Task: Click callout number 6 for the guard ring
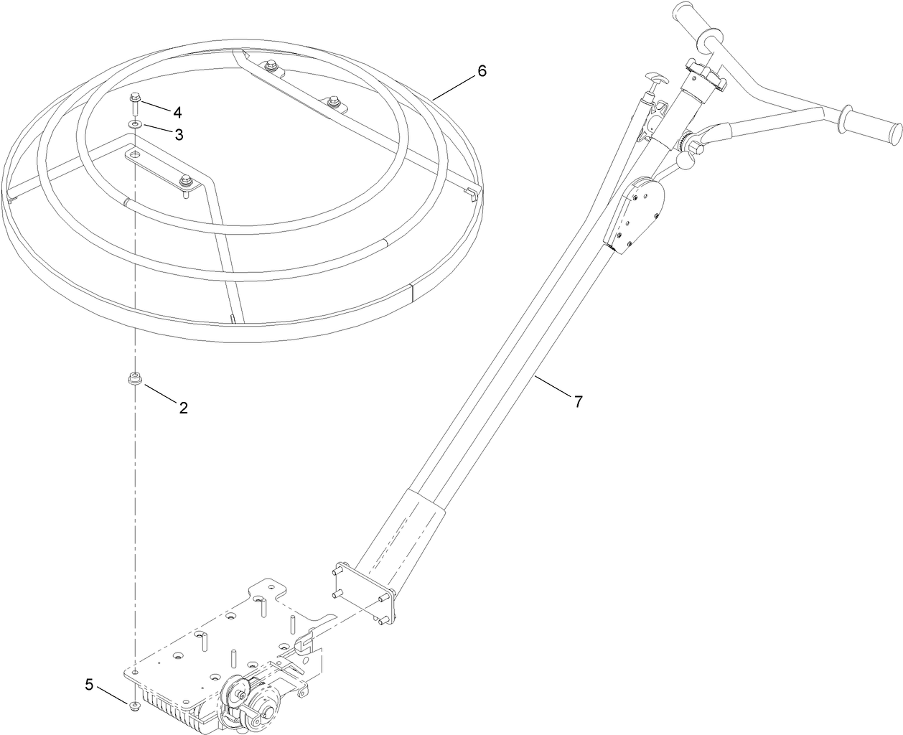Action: point(482,70)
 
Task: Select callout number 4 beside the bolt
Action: point(177,112)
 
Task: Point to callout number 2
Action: point(184,408)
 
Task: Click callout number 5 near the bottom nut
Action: point(89,684)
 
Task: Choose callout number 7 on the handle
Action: point(578,401)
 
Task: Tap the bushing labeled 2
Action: point(134,378)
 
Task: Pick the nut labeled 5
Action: point(134,707)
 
